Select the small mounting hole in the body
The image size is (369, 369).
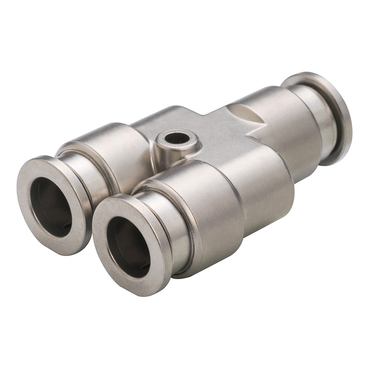tap(176, 138)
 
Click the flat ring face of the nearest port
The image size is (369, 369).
tap(103, 269)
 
